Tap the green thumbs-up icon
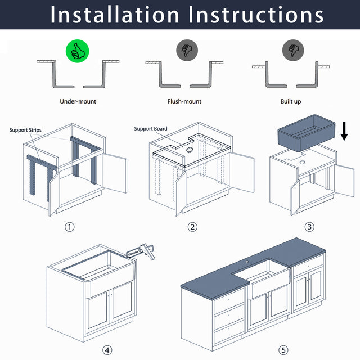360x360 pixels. (x=78, y=52)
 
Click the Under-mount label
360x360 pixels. (x=78, y=101)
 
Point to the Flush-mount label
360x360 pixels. (x=184, y=101)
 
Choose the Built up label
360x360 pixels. (x=290, y=101)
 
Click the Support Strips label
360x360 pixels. (x=26, y=130)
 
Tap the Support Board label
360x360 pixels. (x=151, y=129)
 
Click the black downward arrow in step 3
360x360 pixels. (x=344, y=131)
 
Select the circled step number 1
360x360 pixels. (x=70, y=227)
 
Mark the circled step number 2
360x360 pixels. (x=192, y=227)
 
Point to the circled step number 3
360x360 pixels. (x=309, y=227)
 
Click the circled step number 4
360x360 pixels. (x=107, y=350)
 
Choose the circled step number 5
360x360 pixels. (x=283, y=350)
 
